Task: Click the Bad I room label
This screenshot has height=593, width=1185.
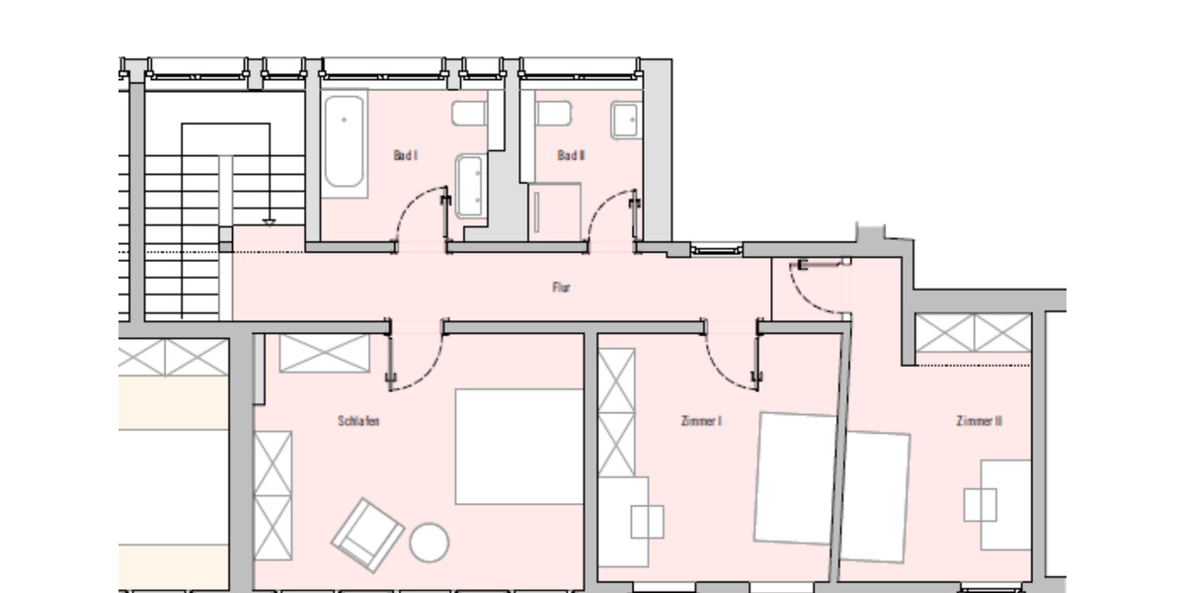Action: click(x=406, y=155)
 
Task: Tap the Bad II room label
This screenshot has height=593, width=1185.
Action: click(x=571, y=155)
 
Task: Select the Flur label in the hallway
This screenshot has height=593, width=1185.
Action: click(x=561, y=288)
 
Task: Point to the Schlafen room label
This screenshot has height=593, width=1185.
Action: click(x=358, y=421)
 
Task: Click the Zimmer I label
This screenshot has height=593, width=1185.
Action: click(x=701, y=421)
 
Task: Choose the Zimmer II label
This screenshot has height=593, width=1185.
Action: click(x=980, y=421)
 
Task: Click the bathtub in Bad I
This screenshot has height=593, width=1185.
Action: click(x=345, y=141)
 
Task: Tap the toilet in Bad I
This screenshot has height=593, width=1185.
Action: click(x=469, y=113)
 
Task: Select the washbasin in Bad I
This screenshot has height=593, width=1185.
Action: click(x=469, y=186)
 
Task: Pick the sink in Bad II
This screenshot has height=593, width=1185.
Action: click(x=626, y=120)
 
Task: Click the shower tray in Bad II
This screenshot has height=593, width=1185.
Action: click(x=554, y=211)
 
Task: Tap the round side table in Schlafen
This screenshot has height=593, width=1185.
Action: click(x=430, y=543)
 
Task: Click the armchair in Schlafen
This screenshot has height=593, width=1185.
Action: click(x=367, y=535)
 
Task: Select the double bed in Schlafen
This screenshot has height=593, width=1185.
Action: click(x=519, y=447)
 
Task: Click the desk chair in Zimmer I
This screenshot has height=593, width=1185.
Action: click(x=648, y=521)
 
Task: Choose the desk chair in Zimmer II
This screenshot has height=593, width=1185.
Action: click(x=981, y=505)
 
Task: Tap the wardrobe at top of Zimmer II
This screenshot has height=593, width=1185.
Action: click(x=973, y=334)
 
